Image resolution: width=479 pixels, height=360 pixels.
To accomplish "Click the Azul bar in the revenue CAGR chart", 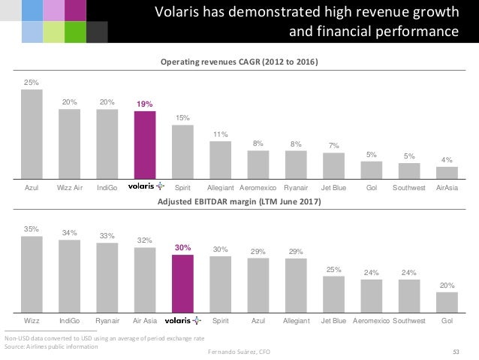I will pos(31,132).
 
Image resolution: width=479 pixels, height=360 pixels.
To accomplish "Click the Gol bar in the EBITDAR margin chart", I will pos(447,301).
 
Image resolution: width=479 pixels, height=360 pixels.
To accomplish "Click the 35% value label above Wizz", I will pos(31,227).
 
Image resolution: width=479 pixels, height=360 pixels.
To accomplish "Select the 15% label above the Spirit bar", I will pos(182,118).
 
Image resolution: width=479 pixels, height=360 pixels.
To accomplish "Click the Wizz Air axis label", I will pos(69,186).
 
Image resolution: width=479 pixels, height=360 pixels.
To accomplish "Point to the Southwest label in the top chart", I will pos(409,186).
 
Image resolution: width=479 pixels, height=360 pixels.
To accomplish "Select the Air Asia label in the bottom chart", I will pos(144,320).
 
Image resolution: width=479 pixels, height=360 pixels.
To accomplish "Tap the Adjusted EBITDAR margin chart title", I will pos(239,202).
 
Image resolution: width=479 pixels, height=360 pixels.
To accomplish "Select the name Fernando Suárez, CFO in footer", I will pos(239,352).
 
